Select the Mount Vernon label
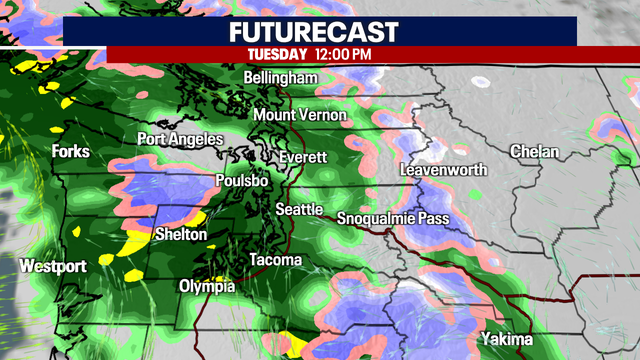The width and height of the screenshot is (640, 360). [x=299, y=115]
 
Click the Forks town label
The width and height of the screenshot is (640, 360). [x=71, y=152]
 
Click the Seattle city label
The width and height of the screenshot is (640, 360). [x=299, y=209]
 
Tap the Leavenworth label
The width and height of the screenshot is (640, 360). [x=442, y=170]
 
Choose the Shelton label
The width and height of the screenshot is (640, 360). [x=181, y=234]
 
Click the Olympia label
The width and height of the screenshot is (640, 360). [x=206, y=287]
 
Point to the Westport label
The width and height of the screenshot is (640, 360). [x=52, y=266]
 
